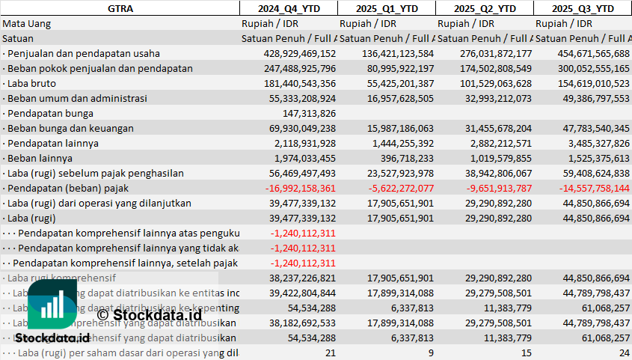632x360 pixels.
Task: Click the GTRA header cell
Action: (120, 8)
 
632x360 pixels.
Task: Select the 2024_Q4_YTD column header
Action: (288, 8)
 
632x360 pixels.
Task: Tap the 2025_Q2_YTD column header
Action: (484, 8)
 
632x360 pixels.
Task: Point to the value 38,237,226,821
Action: (300, 278)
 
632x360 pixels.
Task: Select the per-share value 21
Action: (330, 353)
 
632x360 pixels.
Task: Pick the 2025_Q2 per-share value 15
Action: (526, 353)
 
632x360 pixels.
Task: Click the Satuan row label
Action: (18, 38)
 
